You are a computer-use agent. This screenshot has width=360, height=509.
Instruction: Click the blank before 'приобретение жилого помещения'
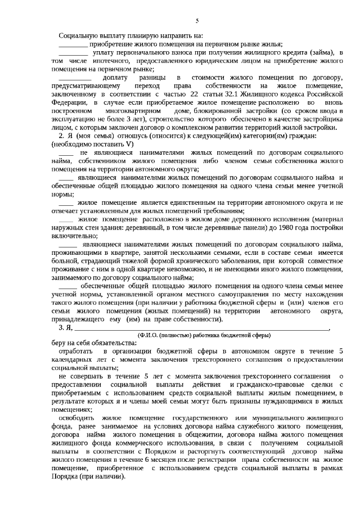click(73, 44)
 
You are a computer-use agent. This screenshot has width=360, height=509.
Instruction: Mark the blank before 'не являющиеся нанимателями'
click(66, 153)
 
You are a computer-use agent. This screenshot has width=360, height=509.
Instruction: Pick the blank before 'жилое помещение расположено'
click(66, 219)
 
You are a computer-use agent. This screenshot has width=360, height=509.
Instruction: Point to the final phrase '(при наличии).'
click(103, 476)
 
